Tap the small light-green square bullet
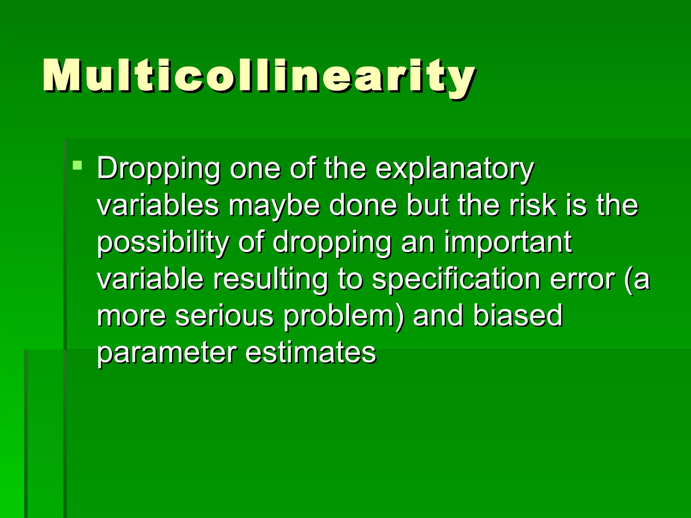(x=77, y=165)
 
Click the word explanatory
(x=454, y=169)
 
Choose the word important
(x=507, y=242)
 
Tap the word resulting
(x=270, y=280)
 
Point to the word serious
(x=224, y=316)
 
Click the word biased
(x=517, y=316)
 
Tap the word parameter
(x=167, y=353)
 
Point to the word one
(x=255, y=169)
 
